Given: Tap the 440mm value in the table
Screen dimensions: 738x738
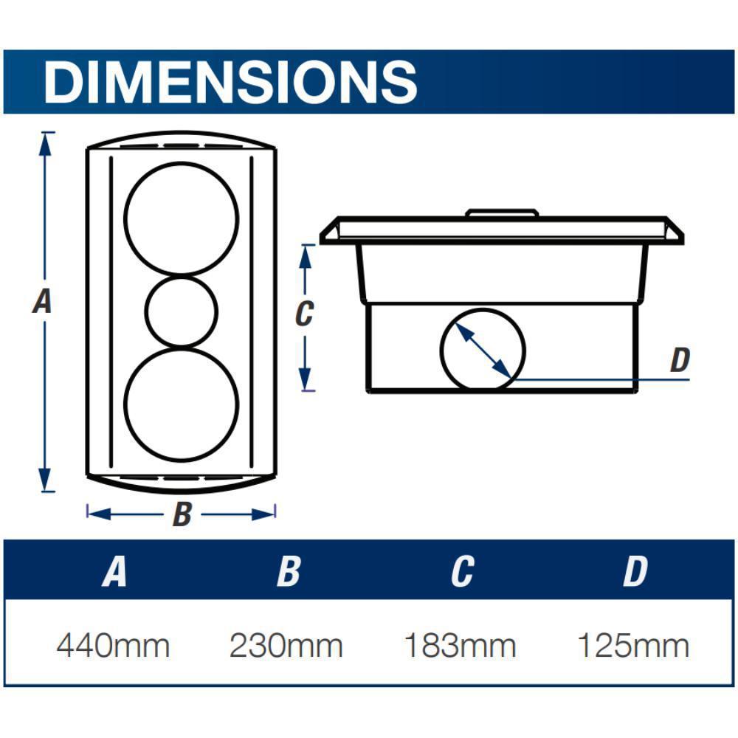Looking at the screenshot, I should click(113, 646).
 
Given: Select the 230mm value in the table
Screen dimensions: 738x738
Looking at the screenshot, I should click(286, 646).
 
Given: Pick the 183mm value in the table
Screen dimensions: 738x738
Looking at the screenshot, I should click(459, 646).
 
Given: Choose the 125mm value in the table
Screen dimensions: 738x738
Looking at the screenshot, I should click(632, 646).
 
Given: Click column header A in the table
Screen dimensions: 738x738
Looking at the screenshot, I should click(114, 571).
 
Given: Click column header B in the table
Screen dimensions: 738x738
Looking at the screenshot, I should click(289, 571).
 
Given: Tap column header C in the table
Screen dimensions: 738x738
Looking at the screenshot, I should click(461, 571).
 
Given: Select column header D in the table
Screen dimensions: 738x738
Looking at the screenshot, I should click(635, 571).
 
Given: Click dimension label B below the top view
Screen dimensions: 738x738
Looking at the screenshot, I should click(182, 514).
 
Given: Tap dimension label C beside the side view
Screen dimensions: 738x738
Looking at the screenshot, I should click(303, 314).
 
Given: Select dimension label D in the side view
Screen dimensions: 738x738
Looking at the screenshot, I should click(679, 361).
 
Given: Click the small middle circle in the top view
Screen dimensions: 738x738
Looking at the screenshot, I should click(182, 312).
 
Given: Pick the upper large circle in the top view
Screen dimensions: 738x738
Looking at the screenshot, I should click(182, 218).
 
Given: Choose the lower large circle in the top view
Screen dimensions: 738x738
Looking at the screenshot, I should click(182, 405).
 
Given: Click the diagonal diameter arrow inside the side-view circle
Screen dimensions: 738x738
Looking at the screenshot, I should click(482, 350).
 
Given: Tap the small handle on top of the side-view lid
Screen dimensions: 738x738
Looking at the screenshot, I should click(502, 213).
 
